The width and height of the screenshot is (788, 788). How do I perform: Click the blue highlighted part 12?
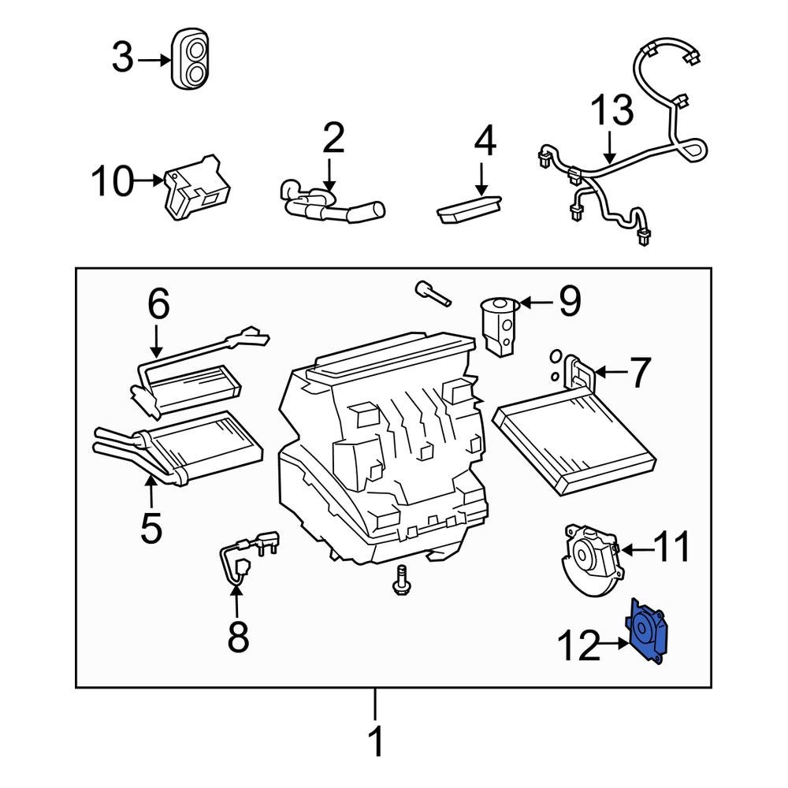click(648, 634)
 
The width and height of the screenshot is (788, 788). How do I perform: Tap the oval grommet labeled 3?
click(191, 59)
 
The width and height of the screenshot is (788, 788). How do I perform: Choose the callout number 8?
click(237, 637)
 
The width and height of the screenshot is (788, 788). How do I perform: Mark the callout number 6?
click(158, 303)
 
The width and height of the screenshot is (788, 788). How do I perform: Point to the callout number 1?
click(377, 741)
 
